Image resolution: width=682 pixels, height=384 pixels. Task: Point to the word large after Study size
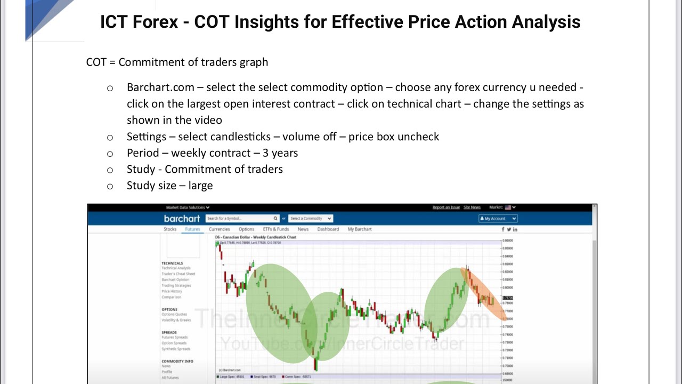(x=200, y=186)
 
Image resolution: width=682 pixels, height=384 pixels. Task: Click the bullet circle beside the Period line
(x=110, y=154)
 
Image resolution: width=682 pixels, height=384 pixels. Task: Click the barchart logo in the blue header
(x=182, y=219)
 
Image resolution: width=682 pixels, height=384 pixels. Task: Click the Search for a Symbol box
(x=239, y=219)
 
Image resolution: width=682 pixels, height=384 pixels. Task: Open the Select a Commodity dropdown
(x=311, y=219)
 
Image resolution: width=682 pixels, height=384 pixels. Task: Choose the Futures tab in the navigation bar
(x=192, y=229)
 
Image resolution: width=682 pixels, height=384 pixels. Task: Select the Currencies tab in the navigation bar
(x=219, y=229)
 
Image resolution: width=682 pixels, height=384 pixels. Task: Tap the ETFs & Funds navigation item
(x=276, y=229)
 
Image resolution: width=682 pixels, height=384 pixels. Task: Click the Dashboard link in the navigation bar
(x=328, y=229)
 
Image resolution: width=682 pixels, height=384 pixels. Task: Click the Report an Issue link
(x=446, y=207)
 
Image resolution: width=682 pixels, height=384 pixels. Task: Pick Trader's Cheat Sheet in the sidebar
(x=178, y=274)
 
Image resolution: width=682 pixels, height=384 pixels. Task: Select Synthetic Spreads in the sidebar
(x=175, y=349)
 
